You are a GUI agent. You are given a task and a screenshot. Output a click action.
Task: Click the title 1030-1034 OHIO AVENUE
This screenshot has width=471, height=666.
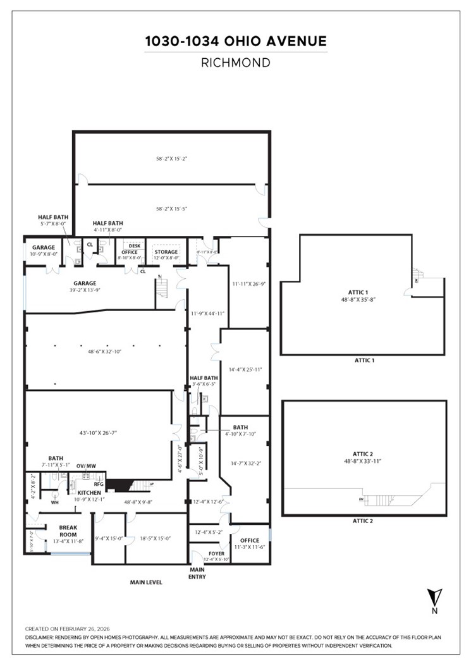tap(235, 42)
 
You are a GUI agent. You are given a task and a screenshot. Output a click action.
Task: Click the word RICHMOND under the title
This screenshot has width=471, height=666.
tap(235, 63)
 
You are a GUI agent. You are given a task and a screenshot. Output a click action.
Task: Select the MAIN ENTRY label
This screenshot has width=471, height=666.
tap(198, 572)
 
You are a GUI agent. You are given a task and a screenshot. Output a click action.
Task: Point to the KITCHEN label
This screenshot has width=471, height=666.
tap(89, 492)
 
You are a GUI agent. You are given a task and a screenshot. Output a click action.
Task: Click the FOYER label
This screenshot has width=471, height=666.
tap(216, 553)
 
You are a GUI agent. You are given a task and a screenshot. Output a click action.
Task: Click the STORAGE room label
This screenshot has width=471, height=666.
tap(166, 252)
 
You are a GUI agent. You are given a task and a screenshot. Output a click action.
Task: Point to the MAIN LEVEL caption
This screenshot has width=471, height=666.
tap(146, 582)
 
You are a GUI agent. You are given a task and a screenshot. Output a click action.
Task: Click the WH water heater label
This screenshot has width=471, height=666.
tap(54, 502)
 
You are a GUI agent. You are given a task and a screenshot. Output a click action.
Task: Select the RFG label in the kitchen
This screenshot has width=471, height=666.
tap(99, 484)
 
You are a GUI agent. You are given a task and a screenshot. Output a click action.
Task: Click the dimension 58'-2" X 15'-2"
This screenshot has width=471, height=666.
tap(171, 158)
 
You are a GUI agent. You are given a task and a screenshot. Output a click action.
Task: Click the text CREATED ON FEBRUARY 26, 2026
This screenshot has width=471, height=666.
tap(67, 629)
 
